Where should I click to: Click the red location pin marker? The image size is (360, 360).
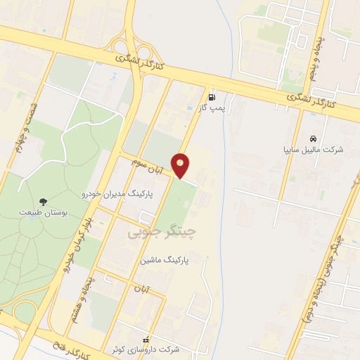181,165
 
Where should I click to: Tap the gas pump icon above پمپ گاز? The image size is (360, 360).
212,97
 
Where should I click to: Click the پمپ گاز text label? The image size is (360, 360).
212,109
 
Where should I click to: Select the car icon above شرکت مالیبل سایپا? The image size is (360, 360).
312,138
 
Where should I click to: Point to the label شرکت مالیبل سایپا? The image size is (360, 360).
312,150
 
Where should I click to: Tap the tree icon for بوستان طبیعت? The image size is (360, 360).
44,201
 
